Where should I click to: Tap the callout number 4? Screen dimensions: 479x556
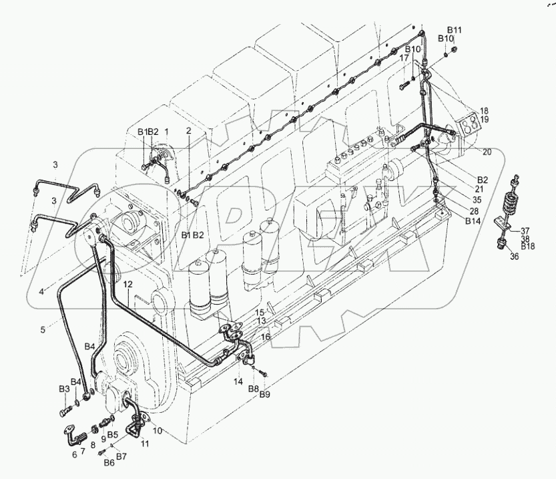point(41,291)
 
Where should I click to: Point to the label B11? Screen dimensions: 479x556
point(455,30)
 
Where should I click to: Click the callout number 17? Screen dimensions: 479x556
point(404,59)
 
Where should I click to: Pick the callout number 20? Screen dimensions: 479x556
point(487,152)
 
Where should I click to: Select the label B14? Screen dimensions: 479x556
point(473,220)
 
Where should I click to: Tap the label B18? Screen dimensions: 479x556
point(528,247)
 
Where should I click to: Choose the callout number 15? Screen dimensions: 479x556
point(260,312)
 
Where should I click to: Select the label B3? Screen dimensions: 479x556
point(64,389)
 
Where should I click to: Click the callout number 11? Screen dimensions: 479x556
point(145,444)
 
